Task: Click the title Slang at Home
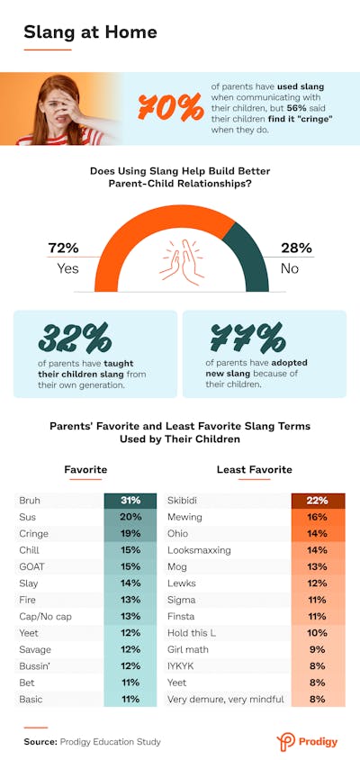(x=90, y=32)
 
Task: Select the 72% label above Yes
(x=64, y=248)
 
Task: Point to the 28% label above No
(x=297, y=248)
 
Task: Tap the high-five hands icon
(x=180, y=258)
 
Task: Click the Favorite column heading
(x=85, y=469)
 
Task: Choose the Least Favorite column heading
(x=254, y=469)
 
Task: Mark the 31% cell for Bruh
(x=130, y=501)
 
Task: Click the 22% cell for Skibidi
(x=317, y=501)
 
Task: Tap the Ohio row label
(x=178, y=533)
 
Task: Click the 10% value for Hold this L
(x=317, y=632)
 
